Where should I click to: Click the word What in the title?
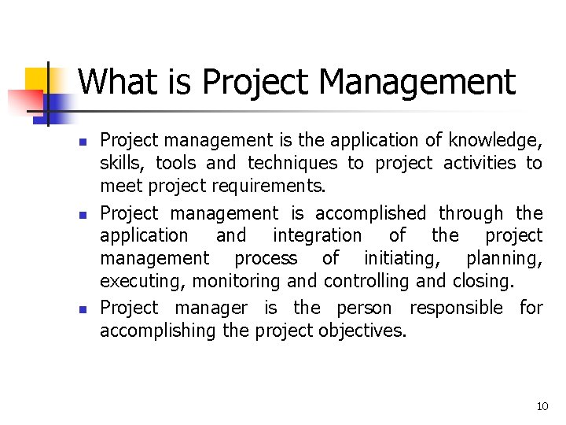pyautogui.click(x=112, y=82)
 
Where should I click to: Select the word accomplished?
pyautogui.click(x=370, y=213)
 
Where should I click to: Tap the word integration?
pyautogui.click(x=317, y=235)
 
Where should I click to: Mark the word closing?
pyautogui.click(x=482, y=281)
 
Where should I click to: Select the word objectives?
pyautogui.click(x=362, y=331)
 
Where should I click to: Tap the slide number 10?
pyautogui.click(x=542, y=406)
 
